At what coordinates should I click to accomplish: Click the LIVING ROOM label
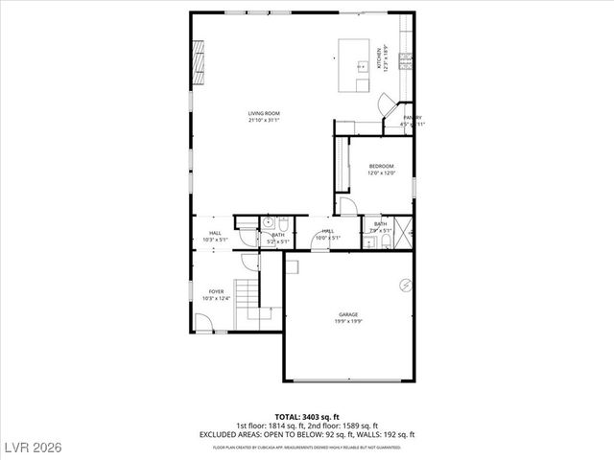264,113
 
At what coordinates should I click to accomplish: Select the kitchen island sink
364,65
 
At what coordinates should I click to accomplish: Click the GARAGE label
347,313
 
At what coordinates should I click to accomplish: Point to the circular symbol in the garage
405,285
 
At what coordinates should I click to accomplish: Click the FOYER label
217,291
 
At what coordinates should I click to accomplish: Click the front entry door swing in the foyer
204,323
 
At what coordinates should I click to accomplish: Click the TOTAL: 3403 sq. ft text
306,417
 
